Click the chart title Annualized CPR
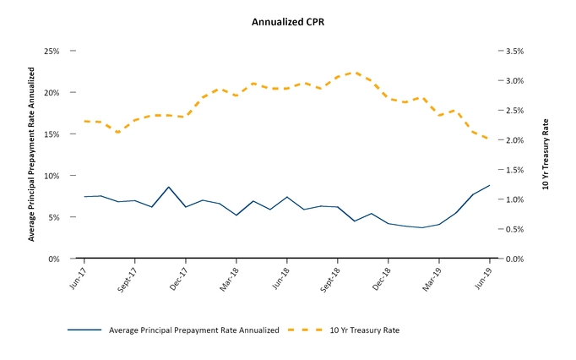tap(288, 22)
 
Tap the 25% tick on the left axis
tap(51, 51)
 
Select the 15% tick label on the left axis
tap(51, 134)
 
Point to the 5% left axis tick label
tap(53, 217)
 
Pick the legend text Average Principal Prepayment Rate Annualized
tap(193, 330)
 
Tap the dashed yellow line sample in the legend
tap(304, 330)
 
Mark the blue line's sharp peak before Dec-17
tap(169, 187)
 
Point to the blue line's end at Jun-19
tap(489, 185)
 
